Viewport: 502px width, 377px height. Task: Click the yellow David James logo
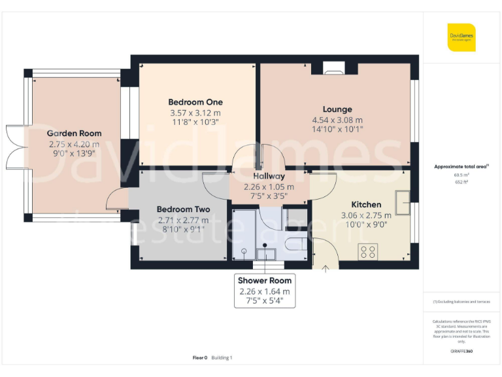pyautogui.click(x=461, y=37)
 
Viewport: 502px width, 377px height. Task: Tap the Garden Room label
pyautogui.click(x=74, y=134)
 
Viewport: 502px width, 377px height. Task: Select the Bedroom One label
pyautogui.click(x=195, y=102)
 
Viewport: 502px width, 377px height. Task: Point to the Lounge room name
pyautogui.click(x=337, y=109)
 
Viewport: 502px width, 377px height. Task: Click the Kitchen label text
pyautogui.click(x=366, y=204)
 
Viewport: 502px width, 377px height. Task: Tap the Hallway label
pyautogui.click(x=269, y=176)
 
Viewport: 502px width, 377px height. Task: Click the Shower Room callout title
pyautogui.click(x=264, y=281)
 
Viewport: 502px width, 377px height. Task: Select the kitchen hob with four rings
pyautogui.click(x=368, y=250)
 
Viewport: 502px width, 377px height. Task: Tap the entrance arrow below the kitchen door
pyautogui.click(x=326, y=268)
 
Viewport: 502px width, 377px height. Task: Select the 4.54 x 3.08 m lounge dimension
pyautogui.click(x=337, y=120)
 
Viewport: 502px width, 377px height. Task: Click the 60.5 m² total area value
pyautogui.click(x=461, y=175)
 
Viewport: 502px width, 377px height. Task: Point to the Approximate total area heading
pyautogui.click(x=461, y=167)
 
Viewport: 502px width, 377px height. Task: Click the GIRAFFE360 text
pyautogui.click(x=461, y=351)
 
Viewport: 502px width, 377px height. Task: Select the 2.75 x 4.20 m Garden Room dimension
pyautogui.click(x=74, y=144)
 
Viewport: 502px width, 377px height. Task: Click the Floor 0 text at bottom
pyautogui.click(x=200, y=357)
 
